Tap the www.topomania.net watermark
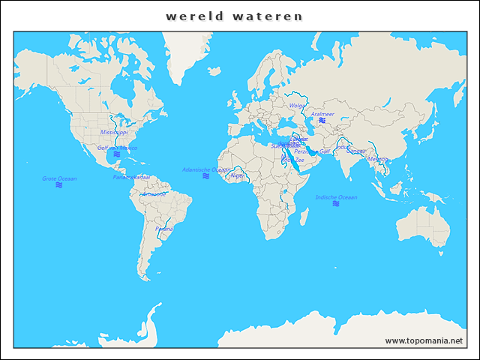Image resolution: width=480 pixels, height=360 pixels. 424,340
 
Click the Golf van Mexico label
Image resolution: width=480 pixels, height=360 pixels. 118,148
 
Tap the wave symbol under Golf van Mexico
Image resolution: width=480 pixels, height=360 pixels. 117,154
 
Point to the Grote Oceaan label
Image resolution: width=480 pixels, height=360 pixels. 59,178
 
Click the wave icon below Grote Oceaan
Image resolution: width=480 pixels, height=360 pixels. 59,185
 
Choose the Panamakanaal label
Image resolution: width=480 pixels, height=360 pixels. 131,177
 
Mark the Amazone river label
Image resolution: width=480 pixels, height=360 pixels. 154,193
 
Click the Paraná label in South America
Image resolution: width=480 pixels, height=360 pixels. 163,228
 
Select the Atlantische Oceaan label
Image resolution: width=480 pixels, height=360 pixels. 206,169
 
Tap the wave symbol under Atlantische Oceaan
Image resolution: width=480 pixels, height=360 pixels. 206,176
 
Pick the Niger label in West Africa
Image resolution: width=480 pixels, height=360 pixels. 238,175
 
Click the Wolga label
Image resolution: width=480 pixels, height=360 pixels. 297,106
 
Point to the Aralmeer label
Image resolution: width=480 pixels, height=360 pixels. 322,114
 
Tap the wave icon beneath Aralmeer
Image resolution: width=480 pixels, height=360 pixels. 322,121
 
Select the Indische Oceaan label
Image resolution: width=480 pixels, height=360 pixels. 336,197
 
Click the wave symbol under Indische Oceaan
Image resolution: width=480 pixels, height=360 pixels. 336,204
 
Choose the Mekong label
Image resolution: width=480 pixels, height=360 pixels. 378,159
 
